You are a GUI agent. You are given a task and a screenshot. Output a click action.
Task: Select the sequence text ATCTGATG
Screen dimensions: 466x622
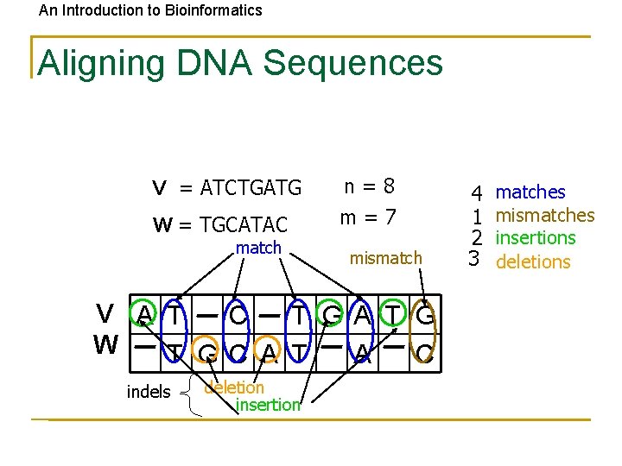tap(251, 187)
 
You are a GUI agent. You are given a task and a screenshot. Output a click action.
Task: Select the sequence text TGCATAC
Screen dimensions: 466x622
tap(244, 225)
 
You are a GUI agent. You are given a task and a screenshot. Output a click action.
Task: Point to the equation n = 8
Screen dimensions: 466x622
tap(369, 186)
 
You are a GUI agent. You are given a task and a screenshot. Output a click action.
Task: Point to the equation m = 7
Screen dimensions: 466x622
tap(368, 218)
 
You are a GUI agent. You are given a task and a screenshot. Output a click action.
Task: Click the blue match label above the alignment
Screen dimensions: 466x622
tap(258, 249)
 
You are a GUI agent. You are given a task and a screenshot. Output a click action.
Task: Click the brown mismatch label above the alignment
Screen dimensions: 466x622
tap(385, 257)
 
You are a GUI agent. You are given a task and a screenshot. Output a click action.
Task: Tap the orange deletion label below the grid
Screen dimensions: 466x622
tap(234, 387)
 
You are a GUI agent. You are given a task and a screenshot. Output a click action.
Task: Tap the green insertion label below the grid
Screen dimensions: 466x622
tap(268, 405)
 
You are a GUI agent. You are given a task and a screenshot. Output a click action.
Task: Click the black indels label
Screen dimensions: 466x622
tap(149, 392)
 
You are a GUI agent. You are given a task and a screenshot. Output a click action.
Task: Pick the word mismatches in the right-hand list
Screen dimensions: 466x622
tap(544, 215)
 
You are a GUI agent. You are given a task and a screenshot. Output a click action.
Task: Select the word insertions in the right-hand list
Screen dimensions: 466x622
tap(535, 237)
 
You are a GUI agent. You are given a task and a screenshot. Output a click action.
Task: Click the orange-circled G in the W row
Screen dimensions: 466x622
tap(206, 352)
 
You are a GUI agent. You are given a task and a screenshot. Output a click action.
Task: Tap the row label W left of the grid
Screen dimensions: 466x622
tap(105, 345)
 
